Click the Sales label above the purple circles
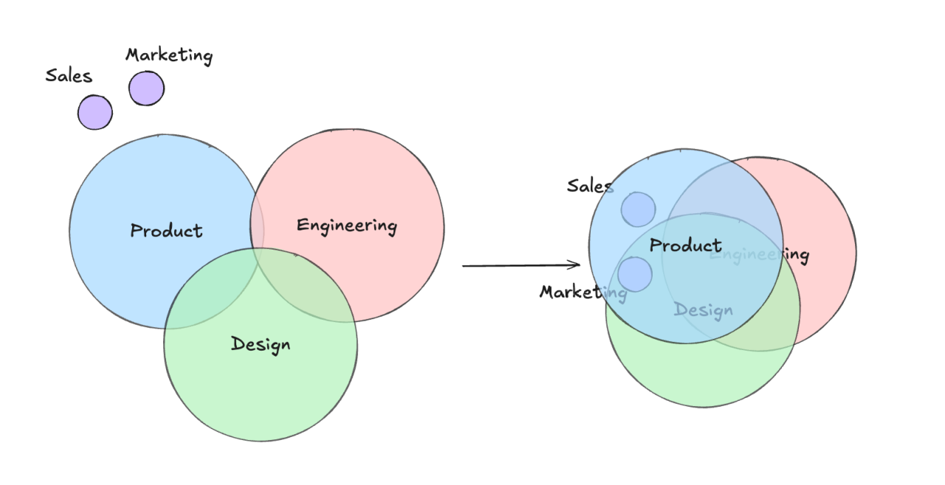click(x=69, y=75)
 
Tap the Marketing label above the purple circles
click(x=169, y=55)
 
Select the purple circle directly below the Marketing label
click(x=146, y=89)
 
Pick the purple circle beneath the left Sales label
click(x=95, y=113)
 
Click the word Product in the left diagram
click(x=166, y=230)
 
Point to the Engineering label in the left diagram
click(x=346, y=225)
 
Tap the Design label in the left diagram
click(x=261, y=344)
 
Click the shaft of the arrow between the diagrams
click(x=517, y=265)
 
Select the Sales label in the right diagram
click(x=589, y=185)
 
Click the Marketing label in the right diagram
click(x=583, y=292)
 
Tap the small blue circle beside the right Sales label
click(x=638, y=209)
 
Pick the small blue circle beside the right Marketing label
click(x=635, y=274)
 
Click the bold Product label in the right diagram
click(x=686, y=245)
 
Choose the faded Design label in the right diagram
click(x=704, y=310)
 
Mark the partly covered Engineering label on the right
click(x=760, y=255)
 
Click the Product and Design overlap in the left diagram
click(x=210, y=295)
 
